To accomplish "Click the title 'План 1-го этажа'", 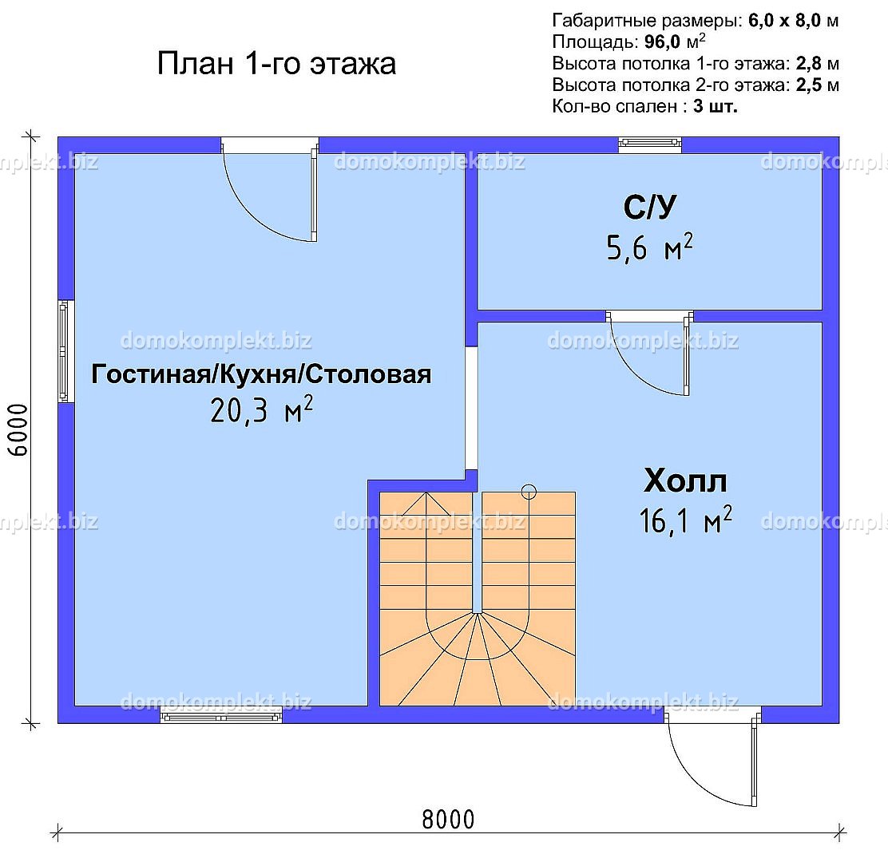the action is coord(276,63).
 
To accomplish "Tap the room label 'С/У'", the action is coord(649,208).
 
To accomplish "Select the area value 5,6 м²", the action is coord(649,247).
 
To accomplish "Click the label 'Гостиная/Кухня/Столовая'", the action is coord(261,374).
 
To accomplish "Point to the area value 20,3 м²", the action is coord(261,409).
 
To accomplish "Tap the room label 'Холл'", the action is coord(685,481).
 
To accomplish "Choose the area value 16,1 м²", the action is coord(685,520).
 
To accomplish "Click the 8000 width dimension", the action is coord(448,819).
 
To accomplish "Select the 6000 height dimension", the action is coord(18,430).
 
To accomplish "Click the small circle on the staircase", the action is coord(529,492).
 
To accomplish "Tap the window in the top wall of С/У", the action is coord(649,145).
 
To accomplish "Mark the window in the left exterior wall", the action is coord(65,351).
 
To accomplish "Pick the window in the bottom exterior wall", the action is coord(221,716).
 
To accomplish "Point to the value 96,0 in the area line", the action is coord(662,42).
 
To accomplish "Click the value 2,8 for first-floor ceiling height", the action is coord(809,63).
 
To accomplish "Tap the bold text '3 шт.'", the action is coord(716,106).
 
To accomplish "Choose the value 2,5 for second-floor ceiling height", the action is coord(809,85).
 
